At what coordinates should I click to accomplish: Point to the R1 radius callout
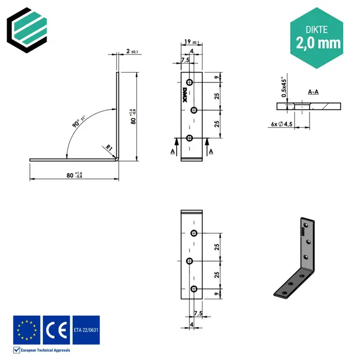coord(110,148)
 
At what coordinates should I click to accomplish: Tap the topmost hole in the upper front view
coord(190,83)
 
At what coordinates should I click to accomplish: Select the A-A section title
coord(313,92)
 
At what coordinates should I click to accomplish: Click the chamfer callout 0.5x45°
coord(284,88)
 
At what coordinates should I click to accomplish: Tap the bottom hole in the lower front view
coord(194,289)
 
